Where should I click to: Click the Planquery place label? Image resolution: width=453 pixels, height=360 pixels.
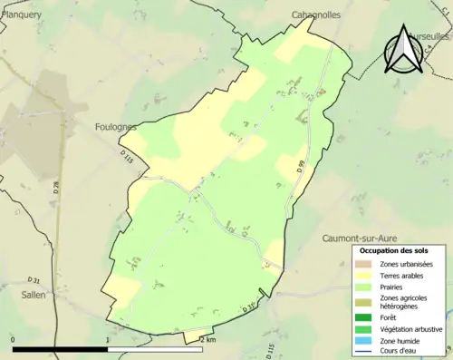pyautogui.click(x=21, y=15)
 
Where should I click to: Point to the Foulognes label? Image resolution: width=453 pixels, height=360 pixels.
pyautogui.click(x=117, y=128)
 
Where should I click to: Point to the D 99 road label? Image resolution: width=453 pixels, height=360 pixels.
pyautogui.click(x=300, y=166)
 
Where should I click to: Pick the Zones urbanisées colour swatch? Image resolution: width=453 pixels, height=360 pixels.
pyautogui.click(x=363, y=264)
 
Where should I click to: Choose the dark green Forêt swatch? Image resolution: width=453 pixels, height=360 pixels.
pyautogui.click(x=363, y=317)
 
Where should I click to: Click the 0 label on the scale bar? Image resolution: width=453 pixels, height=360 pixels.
pyautogui.click(x=14, y=339)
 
